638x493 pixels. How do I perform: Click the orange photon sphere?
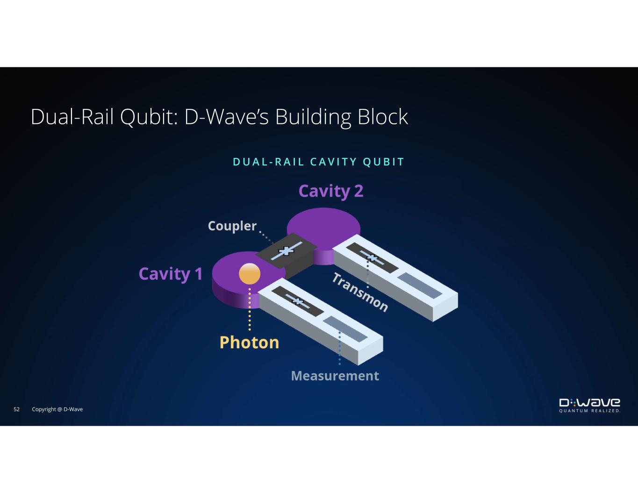coord(250,273)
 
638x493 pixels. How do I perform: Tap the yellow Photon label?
coord(249,343)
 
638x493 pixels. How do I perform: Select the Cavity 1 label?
coord(171,274)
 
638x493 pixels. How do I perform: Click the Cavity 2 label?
coord(331,192)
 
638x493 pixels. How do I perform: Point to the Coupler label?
coord(232,226)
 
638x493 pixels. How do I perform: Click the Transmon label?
coord(360,292)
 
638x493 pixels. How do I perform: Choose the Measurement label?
coord(335,376)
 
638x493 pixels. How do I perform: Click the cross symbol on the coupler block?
coord(286,251)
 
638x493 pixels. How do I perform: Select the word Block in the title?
coord(382,116)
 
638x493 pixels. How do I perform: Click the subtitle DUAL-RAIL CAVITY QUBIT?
coord(319,162)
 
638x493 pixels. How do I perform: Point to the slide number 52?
coord(16,409)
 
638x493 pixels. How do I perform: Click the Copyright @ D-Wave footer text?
coord(57,409)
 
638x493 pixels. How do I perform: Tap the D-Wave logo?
coord(589,403)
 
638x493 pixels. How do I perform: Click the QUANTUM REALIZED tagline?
coord(589,411)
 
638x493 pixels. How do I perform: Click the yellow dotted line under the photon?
coord(250,309)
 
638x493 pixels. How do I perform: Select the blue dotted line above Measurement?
coord(340,348)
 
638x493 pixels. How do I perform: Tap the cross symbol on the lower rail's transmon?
coord(298,301)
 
